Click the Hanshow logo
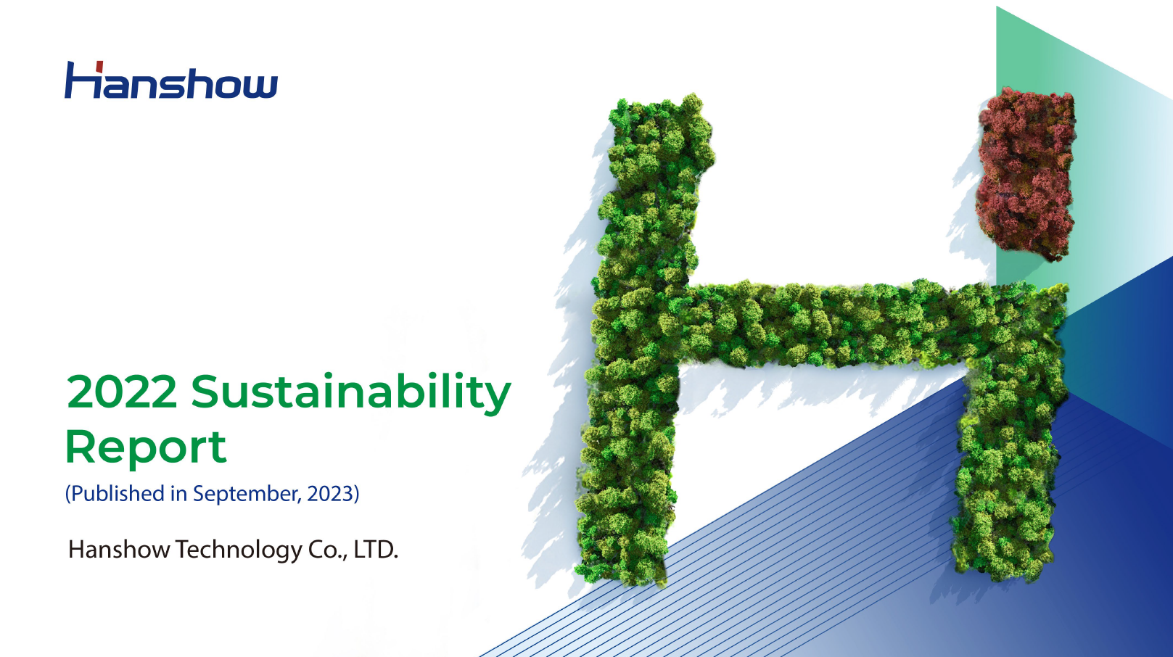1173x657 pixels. [x=171, y=80]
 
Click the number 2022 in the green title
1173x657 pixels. [x=122, y=392]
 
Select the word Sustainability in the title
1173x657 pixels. [x=351, y=392]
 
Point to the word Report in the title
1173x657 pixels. [x=146, y=447]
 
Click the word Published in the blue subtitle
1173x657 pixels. [x=118, y=494]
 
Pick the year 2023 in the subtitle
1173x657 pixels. [x=330, y=494]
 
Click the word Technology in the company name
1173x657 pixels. [x=239, y=550]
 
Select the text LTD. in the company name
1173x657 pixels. [x=376, y=550]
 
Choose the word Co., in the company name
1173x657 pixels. [x=327, y=550]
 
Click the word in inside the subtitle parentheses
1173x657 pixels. [x=178, y=494]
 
